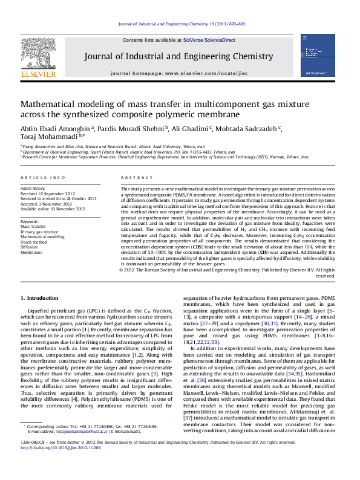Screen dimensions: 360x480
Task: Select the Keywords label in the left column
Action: (30, 222)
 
